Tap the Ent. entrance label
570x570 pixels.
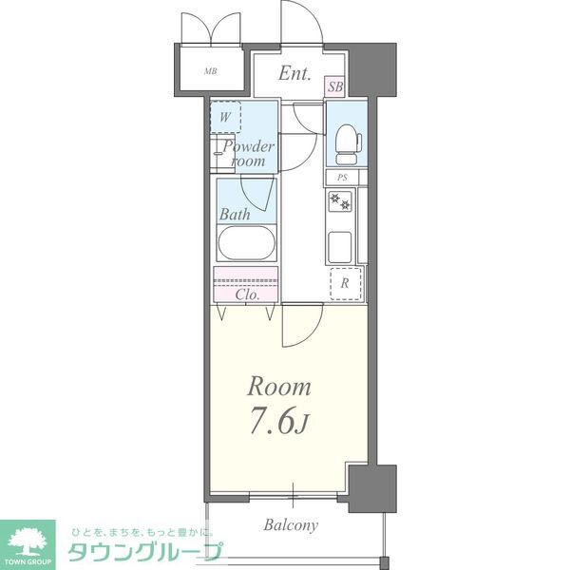point(295,74)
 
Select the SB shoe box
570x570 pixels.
point(334,86)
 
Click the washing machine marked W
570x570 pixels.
point(225,117)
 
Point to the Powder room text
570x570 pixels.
point(249,154)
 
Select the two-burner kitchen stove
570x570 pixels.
point(341,200)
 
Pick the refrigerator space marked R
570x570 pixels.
point(343,283)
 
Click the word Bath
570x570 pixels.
point(235,215)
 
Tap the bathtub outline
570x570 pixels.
point(247,243)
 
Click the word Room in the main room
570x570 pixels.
point(279,387)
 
